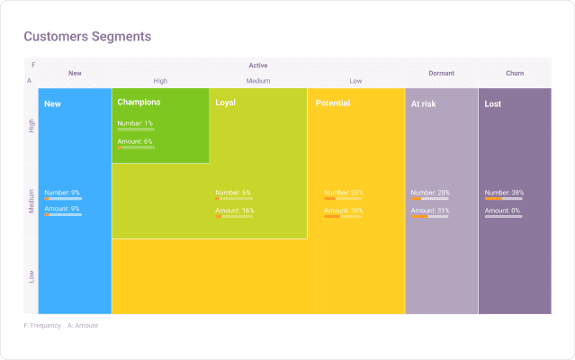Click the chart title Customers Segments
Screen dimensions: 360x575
(x=87, y=37)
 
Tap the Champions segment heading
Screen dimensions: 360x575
(x=139, y=103)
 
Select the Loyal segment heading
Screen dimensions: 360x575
(x=226, y=103)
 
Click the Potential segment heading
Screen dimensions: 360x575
(x=333, y=103)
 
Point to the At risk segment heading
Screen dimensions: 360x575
(x=424, y=103)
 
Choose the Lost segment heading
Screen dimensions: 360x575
(x=493, y=103)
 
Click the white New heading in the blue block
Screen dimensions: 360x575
(x=52, y=104)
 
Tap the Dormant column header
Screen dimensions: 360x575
(x=441, y=73)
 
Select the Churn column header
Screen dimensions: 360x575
(x=515, y=73)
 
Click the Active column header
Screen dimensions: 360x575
(x=258, y=65)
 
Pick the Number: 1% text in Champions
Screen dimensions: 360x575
(x=135, y=123)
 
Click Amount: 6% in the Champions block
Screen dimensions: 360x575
(x=135, y=141)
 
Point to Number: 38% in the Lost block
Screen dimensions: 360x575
(x=504, y=193)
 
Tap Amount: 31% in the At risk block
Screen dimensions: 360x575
(x=430, y=211)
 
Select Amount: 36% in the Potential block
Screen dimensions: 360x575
(x=344, y=211)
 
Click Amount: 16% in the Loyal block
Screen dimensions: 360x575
(x=235, y=211)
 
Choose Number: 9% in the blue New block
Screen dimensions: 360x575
(x=62, y=193)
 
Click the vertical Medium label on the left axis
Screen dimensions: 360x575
(x=31, y=200)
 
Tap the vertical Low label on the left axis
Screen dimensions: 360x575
(x=31, y=276)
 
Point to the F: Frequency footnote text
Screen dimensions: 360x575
(x=42, y=326)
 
